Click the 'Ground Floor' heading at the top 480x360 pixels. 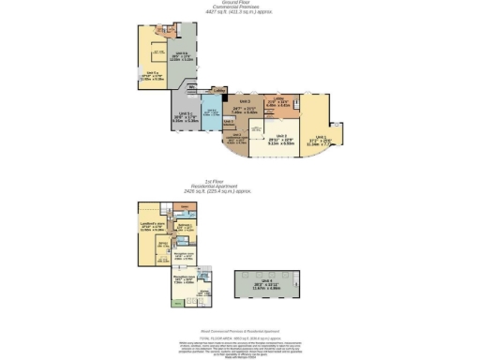tap(238, 4)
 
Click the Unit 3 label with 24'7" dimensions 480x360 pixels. tap(250, 109)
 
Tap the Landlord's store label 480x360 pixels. tap(152, 225)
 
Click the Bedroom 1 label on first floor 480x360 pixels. tap(186, 227)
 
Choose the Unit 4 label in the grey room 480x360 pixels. tap(266, 282)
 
